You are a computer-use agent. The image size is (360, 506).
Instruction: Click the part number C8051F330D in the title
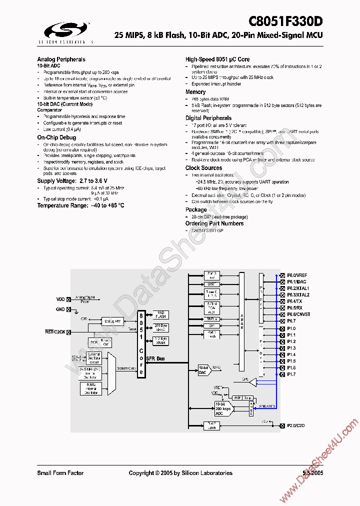click(286, 21)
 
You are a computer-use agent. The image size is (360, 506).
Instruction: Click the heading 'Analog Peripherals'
click(61, 59)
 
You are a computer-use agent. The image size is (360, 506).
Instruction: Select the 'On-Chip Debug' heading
click(56, 137)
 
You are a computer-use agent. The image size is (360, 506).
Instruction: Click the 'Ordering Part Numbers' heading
click(214, 223)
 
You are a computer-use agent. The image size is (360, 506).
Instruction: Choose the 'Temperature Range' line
click(80, 205)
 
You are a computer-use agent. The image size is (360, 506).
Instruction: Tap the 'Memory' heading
click(195, 92)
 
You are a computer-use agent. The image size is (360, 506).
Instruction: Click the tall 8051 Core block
click(141, 344)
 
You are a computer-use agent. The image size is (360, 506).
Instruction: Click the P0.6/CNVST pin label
click(298, 314)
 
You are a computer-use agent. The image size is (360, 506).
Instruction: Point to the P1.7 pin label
click(291, 374)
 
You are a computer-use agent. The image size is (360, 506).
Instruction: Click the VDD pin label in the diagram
click(60, 299)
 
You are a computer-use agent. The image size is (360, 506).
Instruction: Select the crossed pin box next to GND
click(68, 309)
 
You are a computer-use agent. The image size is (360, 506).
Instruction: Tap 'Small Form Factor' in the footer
click(60, 473)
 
